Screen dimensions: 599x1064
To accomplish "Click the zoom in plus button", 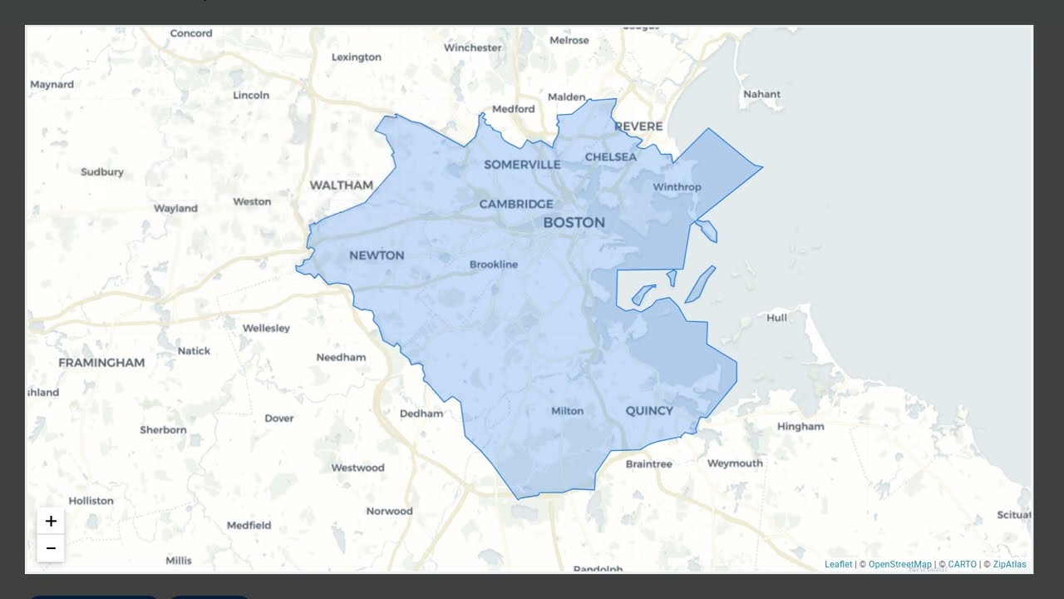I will (x=51, y=522).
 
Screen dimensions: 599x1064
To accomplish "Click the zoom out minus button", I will (x=51, y=548).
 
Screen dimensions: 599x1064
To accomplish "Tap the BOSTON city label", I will (x=574, y=222).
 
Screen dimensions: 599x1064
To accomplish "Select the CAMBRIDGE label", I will (x=515, y=204).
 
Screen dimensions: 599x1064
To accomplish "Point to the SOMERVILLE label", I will (x=522, y=165).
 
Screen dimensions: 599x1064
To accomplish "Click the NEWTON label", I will (x=377, y=255).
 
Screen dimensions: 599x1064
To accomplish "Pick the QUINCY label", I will (x=649, y=410).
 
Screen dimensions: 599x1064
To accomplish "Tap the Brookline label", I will (x=494, y=265).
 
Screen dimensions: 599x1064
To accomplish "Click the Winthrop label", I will (x=677, y=187).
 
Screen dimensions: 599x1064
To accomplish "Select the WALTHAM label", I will (x=341, y=185).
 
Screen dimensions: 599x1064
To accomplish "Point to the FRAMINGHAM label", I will (x=101, y=363).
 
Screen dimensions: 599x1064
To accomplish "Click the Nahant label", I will (x=761, y=94).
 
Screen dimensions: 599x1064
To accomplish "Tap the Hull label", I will (x=776, y=318).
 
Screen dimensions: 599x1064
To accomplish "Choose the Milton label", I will (x=568, y=411).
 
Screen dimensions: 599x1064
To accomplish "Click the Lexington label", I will (x=356, y=57).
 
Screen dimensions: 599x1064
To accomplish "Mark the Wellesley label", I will (x=266, y=328).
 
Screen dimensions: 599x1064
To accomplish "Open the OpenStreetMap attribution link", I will (x=900, y=564).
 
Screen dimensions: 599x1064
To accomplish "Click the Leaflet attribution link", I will (x=838, y=564).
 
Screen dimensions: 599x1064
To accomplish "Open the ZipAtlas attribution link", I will (x=1009, y=564).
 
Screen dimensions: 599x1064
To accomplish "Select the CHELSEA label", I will (x=611, y=156).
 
